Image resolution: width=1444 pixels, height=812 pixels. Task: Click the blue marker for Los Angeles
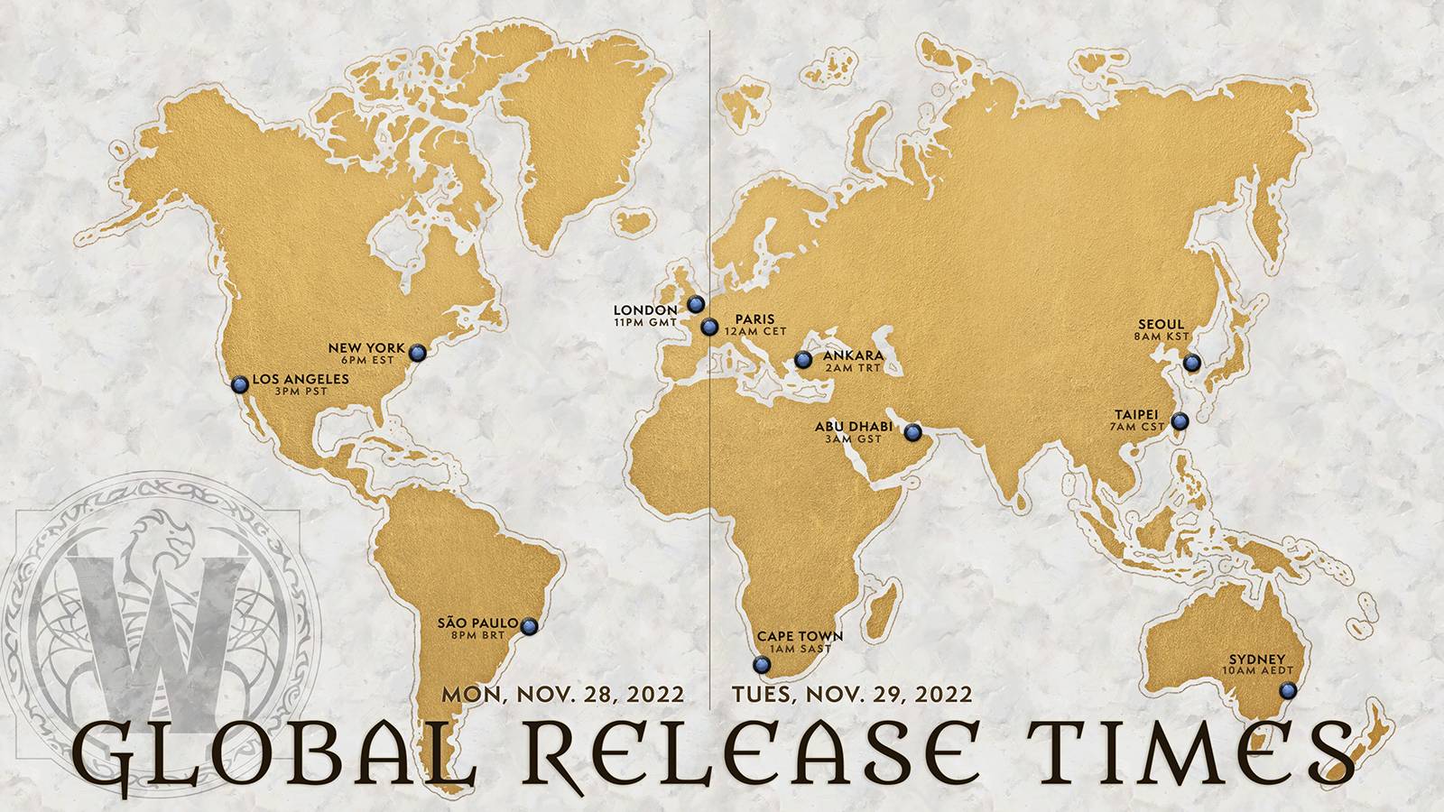point(239,384)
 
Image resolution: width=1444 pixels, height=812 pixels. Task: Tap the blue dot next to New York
point(417,352)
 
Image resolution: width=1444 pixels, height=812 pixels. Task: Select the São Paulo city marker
point(529,624)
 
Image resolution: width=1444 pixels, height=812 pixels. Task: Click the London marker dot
point(694,304)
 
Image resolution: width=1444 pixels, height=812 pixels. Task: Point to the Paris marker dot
point(708,327)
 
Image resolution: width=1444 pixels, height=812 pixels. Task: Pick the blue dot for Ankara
point(803,361)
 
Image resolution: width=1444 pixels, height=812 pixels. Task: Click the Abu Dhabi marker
point(913,431)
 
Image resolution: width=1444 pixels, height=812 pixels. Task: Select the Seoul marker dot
point(1192,363)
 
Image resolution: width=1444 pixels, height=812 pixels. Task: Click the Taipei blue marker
point(1180,420)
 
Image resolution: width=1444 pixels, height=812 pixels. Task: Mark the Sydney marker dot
point(1288,691)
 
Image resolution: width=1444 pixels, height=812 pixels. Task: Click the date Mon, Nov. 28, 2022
point(562,695)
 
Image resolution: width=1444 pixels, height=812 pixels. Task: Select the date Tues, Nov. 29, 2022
point(852,695)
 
